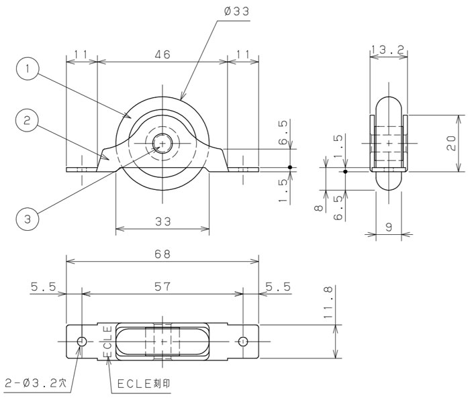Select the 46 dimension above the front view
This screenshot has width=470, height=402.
(162, 56)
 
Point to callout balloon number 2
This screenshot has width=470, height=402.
(27, 121)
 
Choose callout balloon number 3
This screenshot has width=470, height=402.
(27, 218)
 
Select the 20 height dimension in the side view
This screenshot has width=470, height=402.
(453, 142)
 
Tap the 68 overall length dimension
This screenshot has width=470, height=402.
(162, 254)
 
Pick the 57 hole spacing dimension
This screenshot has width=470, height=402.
(162, 286)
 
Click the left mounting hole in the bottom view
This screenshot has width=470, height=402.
(81, 341)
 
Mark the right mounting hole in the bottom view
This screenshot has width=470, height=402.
(244, 341)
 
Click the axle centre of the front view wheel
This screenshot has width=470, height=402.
(162, 143)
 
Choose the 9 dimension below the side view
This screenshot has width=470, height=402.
(389, 228)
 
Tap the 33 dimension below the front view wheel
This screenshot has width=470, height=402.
(162, 221)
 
